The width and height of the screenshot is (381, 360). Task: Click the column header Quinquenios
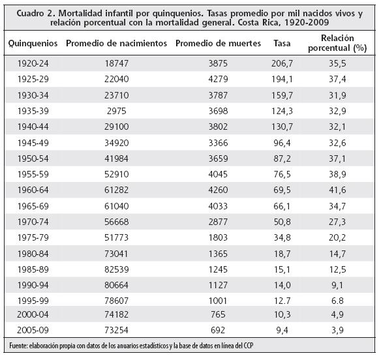[33, 44]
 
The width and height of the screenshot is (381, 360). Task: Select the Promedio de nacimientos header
[116, 43]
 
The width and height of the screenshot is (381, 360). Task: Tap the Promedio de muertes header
[218, 43]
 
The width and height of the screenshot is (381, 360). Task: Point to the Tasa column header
[282, 43]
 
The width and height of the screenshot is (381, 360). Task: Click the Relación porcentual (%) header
[337, 43]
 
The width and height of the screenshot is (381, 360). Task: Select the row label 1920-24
[33, 64]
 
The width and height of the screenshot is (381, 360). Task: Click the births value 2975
[116, 111]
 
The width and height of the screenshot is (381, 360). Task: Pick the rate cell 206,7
[282, 64]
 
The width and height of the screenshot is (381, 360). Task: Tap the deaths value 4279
[218, 79]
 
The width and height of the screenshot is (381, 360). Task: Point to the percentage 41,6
[337, 190]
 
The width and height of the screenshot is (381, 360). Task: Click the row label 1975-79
[33, 237]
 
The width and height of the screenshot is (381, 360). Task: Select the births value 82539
[116, 269]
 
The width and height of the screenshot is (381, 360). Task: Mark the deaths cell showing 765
[218, 314]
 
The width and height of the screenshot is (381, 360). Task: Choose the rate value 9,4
[282, 331]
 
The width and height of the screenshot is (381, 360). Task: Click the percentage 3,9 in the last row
[337, 331]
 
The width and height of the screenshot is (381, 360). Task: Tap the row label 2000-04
[33, 314]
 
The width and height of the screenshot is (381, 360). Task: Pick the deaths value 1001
[218, 301]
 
